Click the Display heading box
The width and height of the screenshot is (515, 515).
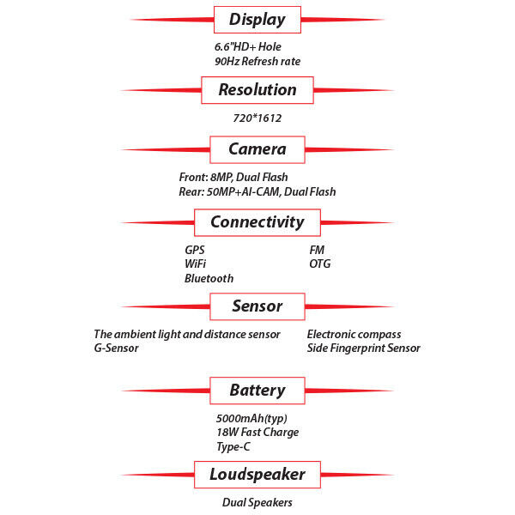tap(257, 20)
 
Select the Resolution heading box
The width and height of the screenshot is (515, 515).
tap(257, 90)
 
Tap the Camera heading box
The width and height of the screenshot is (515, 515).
tap(257, 149)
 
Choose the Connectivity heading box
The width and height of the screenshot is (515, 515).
tap(257, 222)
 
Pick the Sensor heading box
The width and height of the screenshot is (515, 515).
tap(257, 306)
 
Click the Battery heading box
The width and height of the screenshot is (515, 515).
tap(257, 391)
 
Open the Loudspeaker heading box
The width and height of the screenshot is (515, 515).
tap(257, 475)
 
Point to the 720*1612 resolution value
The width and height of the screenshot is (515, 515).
tap(257, 118)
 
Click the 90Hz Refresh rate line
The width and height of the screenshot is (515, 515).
tap(257, 62)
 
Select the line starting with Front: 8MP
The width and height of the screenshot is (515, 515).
tap(233, 178)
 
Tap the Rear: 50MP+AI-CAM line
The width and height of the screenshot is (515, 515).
tap(257, 191)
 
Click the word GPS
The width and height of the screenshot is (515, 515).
tap(195, 250)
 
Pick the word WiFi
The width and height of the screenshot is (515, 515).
tap(195, 264)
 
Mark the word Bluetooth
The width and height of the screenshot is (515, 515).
tap(209, 278)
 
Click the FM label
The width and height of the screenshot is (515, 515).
tap(317, 250)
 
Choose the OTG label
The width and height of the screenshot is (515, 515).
tap(320, 264)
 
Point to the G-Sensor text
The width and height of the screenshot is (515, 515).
tap(116, 348)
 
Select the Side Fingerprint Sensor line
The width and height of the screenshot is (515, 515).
tap(364, 348)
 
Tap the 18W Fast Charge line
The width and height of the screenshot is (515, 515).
tap(257, 433)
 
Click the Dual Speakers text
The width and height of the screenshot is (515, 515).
tap(257, 502)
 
